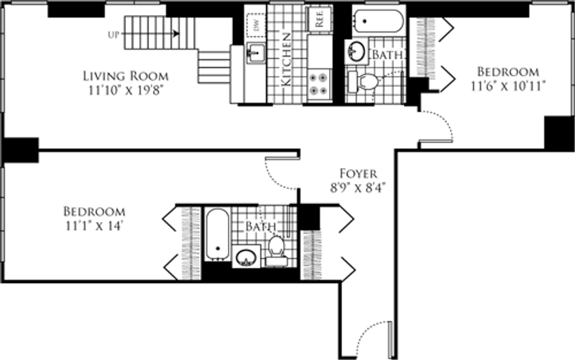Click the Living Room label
pyautogui.click(x=126, y=76)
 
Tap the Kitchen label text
pyautogui.click(x=286, y=60)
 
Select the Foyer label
pyautogui.click(x=358, y=173)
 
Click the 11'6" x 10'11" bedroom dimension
pyautogui.click(x=508, y=86)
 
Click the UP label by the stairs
pyautogui.click(x=114, y=34)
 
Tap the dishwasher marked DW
pyautogui.click(x=257, y=25)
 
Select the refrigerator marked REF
pyautogui.click(x=318, y=19)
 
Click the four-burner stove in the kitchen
pyautogui.click(x=318, y=84)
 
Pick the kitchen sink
pyautogui.click(x=257, y=52)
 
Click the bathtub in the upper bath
pyautogui.click(x=379, y=21)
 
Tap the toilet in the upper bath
pyautogui.click(x=364, y=81)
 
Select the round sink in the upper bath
pyautogui.click(x=356, y=51)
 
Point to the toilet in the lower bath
pyautogui.click(x=275, y=250)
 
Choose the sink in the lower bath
pyautogui.click(x=246, y=257)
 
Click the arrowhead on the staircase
pyautogui.click(x=177, y=34)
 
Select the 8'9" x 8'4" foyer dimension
pyautogui.click(x=358, y=188)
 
